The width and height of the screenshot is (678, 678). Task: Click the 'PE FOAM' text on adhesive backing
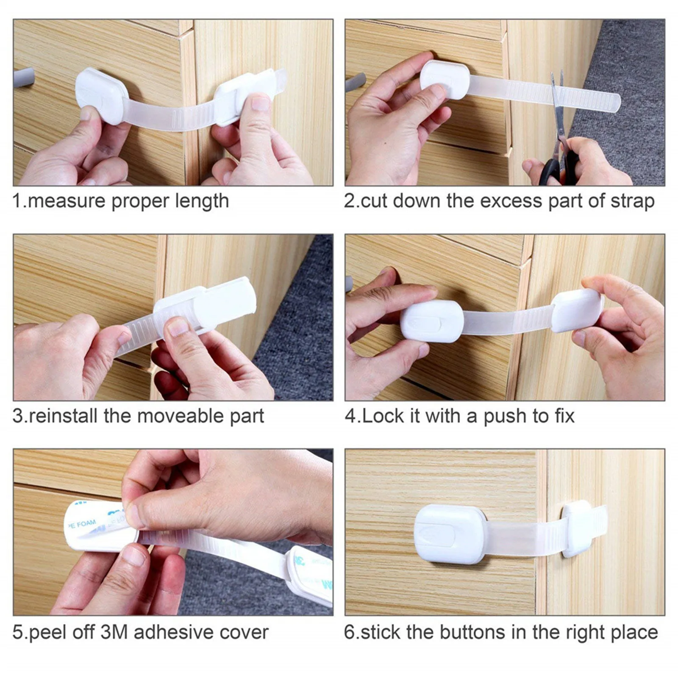83,524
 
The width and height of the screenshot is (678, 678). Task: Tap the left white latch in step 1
100,95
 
